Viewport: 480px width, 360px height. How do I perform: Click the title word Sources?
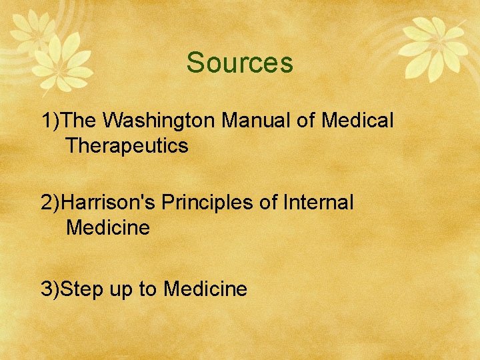(239, 63)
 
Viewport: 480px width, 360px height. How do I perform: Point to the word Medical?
(357, 121)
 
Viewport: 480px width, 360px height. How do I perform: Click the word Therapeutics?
(127, 146)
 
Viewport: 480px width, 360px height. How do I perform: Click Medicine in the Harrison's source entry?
(108, 228)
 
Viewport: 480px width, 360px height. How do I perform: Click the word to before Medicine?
(151, 289)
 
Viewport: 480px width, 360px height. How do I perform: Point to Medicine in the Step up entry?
(205, 289)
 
